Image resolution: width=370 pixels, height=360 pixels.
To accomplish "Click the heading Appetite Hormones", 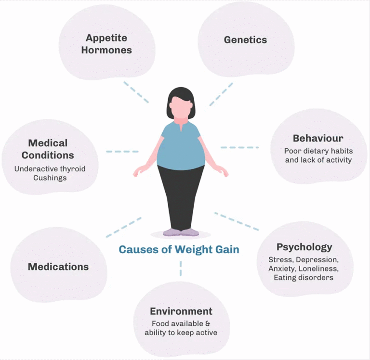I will pyautogui.click(x=106, y=43).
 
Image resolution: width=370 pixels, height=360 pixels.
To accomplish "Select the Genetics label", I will pyautogui.click(x=245, y=40).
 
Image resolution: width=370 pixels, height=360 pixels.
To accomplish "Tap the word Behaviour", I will pyautogui.click(x=318, y=139).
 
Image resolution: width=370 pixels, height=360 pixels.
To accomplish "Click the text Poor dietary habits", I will pyautogui.click(x=318, y=151).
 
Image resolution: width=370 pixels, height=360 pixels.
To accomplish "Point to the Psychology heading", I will pyautogui.click(x=304, y=247).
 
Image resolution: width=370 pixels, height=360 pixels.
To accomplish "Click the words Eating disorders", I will pyautogui.click(x=304, y=277).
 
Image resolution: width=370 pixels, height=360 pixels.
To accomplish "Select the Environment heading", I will pyautogui.click(x=181, y=311).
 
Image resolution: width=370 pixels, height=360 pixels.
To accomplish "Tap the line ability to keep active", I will pyautogui.click(x=181, y=333).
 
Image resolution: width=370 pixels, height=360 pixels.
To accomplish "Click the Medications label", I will pyautogui.click(x=58, y=267).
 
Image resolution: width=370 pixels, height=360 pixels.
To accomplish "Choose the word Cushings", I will pyautogui.click(x=50, y=178).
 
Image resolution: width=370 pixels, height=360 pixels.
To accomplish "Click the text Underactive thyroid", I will pyautogui.click(x=50, y=168).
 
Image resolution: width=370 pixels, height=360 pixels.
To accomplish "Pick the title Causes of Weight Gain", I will pyautogui.click(x=179, y=249).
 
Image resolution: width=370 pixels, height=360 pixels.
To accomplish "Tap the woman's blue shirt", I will pyautogui.click(x=181, y=147).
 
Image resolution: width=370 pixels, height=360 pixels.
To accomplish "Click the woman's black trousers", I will pyautogui.click(x=181, y=197).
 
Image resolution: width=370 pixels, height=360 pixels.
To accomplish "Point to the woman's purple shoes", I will pyautogui.click(x=181, y=232).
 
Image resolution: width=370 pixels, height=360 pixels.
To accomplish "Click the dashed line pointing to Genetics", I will pyautogui.click(x=221, y=94).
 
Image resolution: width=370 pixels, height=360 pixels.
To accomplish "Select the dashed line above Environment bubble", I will pyautogui.click(x=181, y=268).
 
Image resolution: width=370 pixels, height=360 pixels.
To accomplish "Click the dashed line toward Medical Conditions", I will pyautogui.click(x=122, y=152).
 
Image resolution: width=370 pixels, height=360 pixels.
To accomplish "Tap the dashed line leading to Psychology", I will pyautogui.click(x=236, y=221).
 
